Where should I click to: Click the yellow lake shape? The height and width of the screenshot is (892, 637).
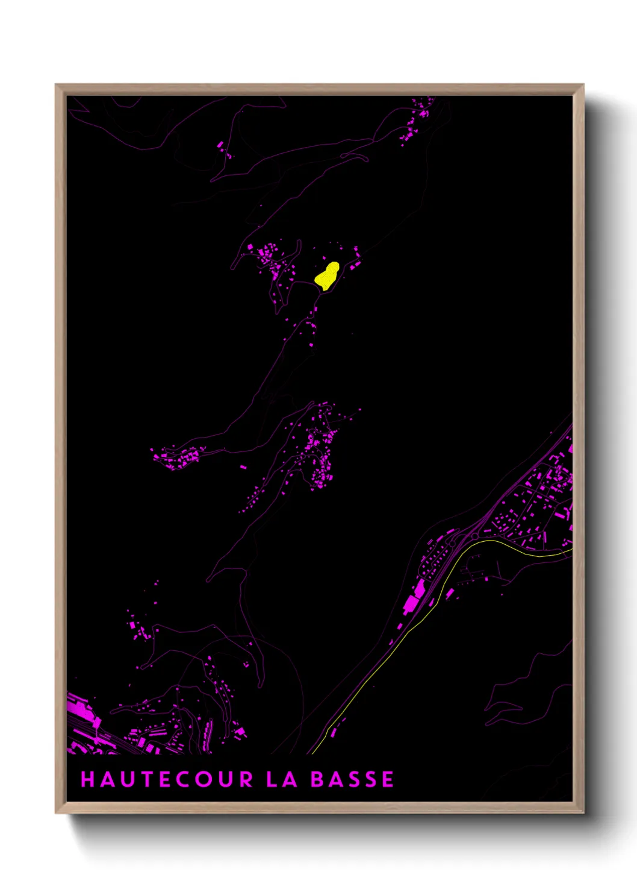[327, 276]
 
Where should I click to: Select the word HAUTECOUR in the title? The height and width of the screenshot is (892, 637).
[167, 779]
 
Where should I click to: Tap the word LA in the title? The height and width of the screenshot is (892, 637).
[282, 779]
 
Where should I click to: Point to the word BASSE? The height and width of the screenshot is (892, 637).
[352, 779]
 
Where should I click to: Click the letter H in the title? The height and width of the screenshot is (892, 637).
[89, 779]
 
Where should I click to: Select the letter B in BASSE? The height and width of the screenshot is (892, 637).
[317, 779]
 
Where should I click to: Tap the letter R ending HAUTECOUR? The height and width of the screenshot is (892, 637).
[246, 779]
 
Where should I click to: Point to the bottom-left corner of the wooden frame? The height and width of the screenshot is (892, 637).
[57, 812]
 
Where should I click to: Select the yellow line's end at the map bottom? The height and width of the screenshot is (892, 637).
[313, 752]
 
